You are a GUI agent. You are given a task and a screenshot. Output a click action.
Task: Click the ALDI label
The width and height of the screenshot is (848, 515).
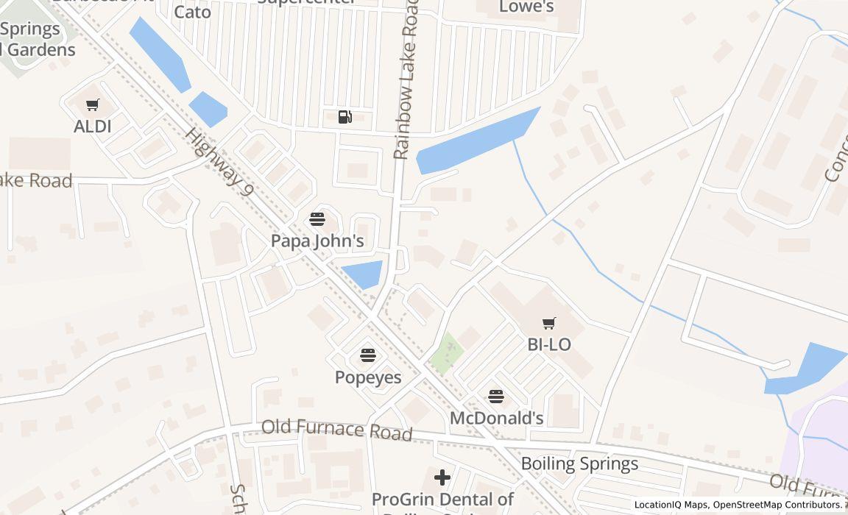(93, 127)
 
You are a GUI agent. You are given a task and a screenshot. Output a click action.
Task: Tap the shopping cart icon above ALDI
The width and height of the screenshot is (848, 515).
(93, 105)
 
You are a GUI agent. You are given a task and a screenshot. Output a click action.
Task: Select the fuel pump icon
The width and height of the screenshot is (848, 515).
(344, 116)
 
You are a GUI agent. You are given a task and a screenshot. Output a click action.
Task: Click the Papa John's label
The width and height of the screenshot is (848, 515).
(317, 241)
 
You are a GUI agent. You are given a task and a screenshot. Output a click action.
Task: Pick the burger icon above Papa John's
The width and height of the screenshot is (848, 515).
(317, 219)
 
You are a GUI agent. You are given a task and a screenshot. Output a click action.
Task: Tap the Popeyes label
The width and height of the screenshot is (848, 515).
(368, 377)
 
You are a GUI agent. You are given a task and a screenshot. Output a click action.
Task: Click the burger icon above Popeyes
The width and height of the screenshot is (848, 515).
(368, 355)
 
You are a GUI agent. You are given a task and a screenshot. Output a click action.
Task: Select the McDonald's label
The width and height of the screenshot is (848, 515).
(496, 419)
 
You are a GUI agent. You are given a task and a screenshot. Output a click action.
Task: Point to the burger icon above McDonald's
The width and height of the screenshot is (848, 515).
(496, 397)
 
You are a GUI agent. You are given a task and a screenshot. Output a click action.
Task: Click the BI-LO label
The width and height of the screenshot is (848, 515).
(549, 344)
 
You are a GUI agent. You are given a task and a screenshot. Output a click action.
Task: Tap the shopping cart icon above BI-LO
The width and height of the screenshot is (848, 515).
(549, 323)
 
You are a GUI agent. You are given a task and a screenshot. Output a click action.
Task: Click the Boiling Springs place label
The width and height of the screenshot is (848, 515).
(579, 464)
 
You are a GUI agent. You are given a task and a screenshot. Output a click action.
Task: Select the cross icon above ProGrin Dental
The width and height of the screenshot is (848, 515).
(442, 478)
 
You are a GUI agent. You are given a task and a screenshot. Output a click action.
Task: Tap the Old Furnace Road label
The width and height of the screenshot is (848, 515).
(336, 430)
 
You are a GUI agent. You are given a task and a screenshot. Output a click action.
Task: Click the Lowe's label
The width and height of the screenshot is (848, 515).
(526, 7)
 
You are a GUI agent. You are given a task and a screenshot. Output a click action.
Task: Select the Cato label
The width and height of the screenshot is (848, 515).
(192, 12)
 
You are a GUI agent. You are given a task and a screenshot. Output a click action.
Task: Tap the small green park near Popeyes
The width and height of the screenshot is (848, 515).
(446, 353)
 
